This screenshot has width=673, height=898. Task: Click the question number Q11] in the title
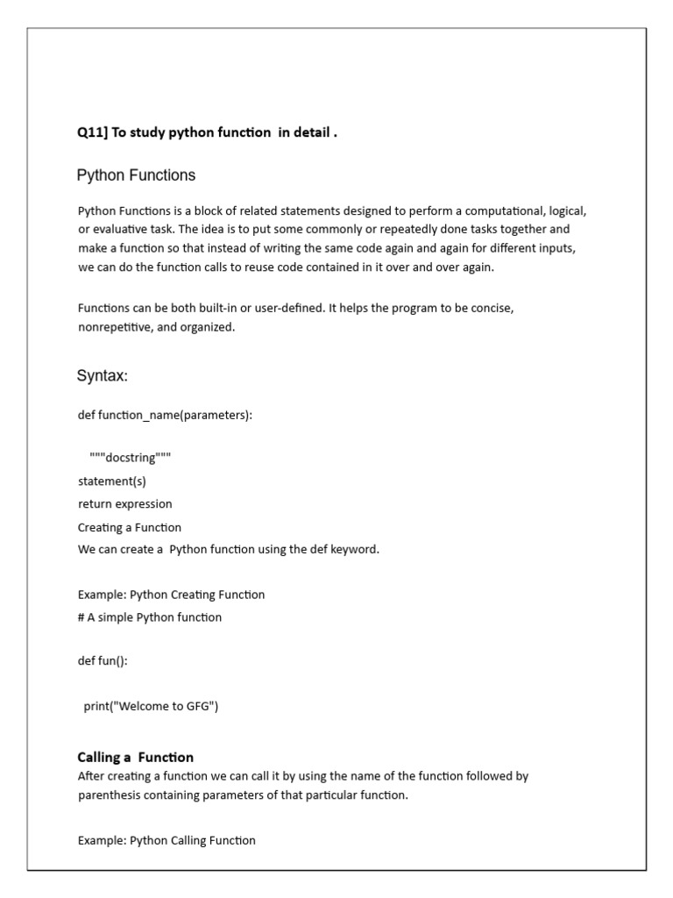click(92, 132)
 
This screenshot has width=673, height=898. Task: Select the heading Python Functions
click(136, 175)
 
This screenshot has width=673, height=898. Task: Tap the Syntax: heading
click(103, 376)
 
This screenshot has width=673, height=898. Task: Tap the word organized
click(210, 327)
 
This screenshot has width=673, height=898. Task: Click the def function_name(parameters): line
click(165, 415)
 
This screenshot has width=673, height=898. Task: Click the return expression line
click(124, 504)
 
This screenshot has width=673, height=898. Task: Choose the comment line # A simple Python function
click(150, 617)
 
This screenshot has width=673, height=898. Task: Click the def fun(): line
click(103, 661)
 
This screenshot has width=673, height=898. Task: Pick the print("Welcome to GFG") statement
click(151, 706)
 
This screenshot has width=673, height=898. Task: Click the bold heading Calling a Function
click(136, 757)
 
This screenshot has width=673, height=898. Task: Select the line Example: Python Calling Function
click(166, 840)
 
